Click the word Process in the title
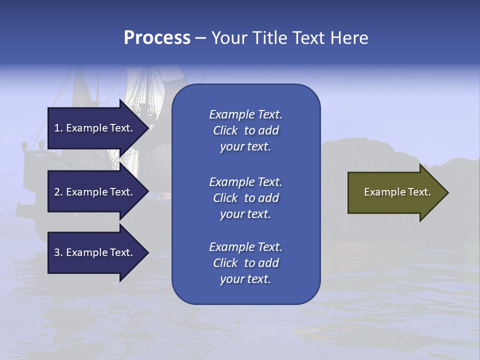point(157,38)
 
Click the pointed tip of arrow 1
point(147,128)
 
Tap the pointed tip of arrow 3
point(147,252)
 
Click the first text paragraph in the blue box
point(245,130)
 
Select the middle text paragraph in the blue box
point(245,198)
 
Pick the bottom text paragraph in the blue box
point(245,263)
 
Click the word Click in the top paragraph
point(225,130)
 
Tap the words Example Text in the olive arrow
point(397,192)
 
